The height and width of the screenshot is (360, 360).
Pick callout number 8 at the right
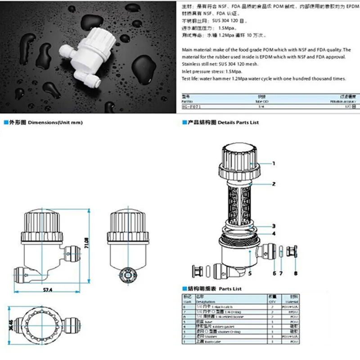coord(295,273)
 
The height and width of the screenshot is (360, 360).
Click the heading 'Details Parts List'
coord(238,122)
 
